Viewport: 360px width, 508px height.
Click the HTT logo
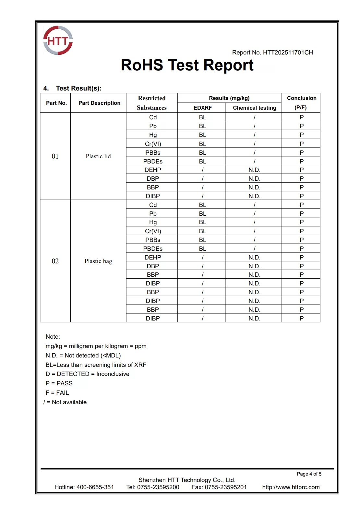pyautogui.click(x=58, y=41)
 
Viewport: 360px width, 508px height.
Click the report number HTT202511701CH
pyautogui.click(x=288, y=53)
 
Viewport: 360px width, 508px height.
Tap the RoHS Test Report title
pyautogui.click(x=187, y=65)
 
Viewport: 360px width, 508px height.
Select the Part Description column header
pyautogui.click(x=99, y=103)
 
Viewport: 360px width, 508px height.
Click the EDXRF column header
pyautogui.click(x=202, y=108)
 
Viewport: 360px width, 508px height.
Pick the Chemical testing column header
pyautogui.click(x=254, y=108)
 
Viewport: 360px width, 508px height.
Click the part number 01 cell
pyautogui.click(x=55, y=156)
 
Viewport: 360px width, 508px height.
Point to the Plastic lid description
pyautogui.click(x=98, y=156)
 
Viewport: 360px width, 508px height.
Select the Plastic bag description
pyautogui.click(x=98, y=261)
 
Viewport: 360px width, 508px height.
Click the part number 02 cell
pyautogui.click(x=55, y=261)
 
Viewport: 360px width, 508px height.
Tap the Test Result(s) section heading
pyautogui.click(x=78, y=88)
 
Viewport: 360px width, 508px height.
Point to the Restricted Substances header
pyautogui.click(x=152, y=103)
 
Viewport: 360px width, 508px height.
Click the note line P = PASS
pyautogui.click(x=59, y=383)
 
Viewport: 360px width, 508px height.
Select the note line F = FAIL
pyautogui.click(x=57, y=393)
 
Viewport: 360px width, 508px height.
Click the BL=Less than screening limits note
pyautogui.click(x=96, y=365)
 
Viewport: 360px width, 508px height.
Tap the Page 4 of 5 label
pyautogui.click(x=309, y=474)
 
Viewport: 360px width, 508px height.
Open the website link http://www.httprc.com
pyautogui.click(x=291, y=487)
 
